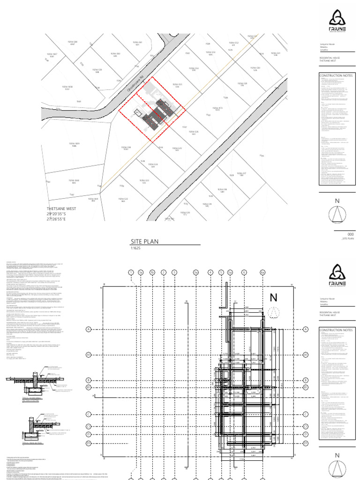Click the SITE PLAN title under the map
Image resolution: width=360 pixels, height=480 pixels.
pyautogui.click(x=145, y=242)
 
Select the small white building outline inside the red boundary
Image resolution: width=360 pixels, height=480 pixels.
pyautogui.click(x=138, y=112)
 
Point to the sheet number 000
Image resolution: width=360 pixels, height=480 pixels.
pyautogui.click(x=350, y=234)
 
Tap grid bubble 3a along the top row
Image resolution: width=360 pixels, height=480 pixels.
pyautogui.click(x=196, y=272)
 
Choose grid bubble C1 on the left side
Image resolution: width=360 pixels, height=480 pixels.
pyautogui.click(x=88, y=426)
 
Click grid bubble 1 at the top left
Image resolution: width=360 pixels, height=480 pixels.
pyautogui.click(x=131, y=272)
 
